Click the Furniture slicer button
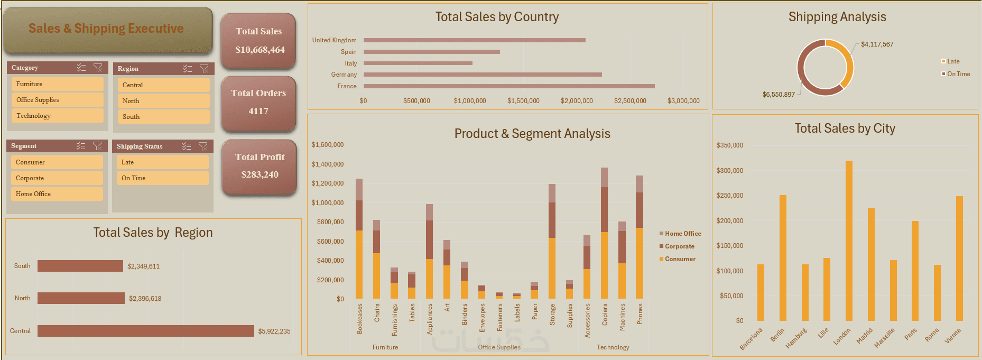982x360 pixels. pyautogui.click(x=57, y=84)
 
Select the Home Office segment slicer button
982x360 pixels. pyautogui.click(x=57, y=194)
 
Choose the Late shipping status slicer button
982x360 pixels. pyautogui.click(x=162, y=162)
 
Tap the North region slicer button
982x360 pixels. pyautogui.click(x=163, y=101)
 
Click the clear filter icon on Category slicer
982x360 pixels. pyautogui.click(x=98, y=68)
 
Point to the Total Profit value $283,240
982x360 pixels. pyautogui.click(x=260, y=174)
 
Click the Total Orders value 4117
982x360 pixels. pyautogui.click(x=258, y=111)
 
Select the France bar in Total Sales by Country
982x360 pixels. pyautogui.click(x=508, y=86)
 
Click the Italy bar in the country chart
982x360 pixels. pyautogui.click(x=418, y=63)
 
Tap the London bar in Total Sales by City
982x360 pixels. pyautogui.click(x=849, y=241)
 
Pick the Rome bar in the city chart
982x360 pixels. pyautogui.click(x=937, y=293)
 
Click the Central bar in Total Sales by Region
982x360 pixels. pyautogui.click(x=145, y=331)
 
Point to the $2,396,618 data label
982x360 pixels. pyautogui.click(x=145, y=299)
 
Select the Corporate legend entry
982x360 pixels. pyautogui.click(x=679, y=246)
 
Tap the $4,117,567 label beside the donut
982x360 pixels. pyautogui.click(x=877, y=44)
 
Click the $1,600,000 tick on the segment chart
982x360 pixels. pyautogui.click(x=328, y=145)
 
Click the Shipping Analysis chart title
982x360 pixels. pyautogui.click(x=837, y=17)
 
